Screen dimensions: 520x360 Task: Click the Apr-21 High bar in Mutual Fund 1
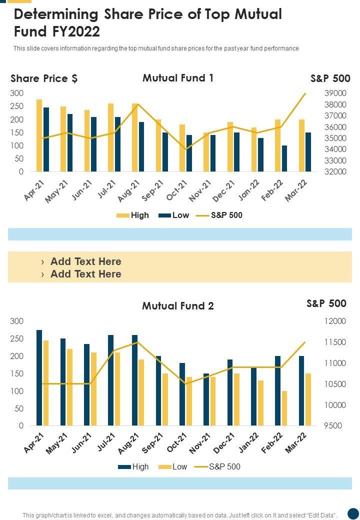[39, 135]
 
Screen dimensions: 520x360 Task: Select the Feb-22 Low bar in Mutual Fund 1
[284, 158]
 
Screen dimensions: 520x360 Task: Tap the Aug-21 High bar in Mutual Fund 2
[135, 380]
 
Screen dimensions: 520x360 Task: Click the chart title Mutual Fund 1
[178, 78]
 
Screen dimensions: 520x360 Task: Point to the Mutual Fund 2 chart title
[178, 306]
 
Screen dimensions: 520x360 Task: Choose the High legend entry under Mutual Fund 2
[133, 466]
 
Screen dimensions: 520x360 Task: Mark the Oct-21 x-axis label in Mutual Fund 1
[176, 191]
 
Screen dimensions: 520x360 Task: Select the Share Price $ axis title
[44, 78]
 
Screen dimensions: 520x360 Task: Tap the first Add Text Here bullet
[85, 261]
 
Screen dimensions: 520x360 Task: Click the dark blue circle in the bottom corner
[353, 513]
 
